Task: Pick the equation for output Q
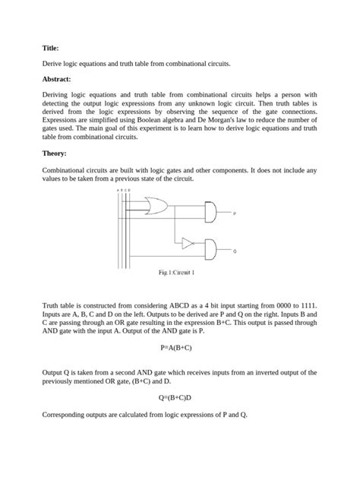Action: [x=179, y=396]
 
